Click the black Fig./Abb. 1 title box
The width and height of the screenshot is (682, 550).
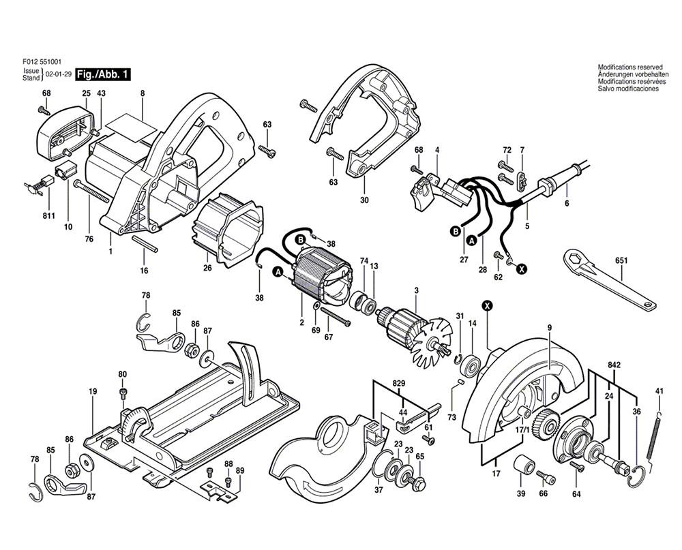pos(102,74)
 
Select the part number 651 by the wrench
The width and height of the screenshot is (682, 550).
pos(621,260)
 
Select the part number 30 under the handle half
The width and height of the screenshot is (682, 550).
pos(364,200)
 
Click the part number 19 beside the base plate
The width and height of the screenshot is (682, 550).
pos(93,391)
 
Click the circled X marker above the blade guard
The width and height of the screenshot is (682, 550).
pos(487,306)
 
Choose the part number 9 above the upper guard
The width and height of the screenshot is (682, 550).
pos(548,328)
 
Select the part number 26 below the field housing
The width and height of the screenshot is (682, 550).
pos(207,269)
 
